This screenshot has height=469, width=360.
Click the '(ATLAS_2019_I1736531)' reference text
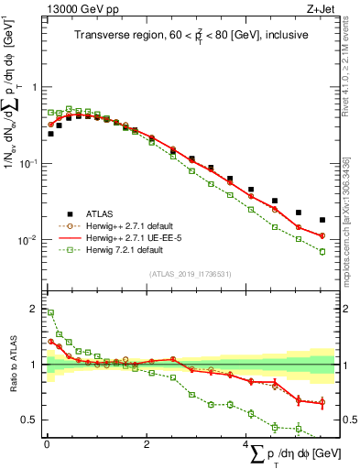click(x=191, y=274)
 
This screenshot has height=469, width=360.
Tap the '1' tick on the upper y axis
click(x=34, y=87)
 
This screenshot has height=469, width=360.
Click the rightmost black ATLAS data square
click(x=322, y=220)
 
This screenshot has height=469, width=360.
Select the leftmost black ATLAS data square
click(x=50, y=134)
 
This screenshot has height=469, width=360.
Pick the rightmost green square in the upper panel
click(x=322, y=251)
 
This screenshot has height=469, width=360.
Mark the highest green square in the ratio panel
click(x=50, y=312)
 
